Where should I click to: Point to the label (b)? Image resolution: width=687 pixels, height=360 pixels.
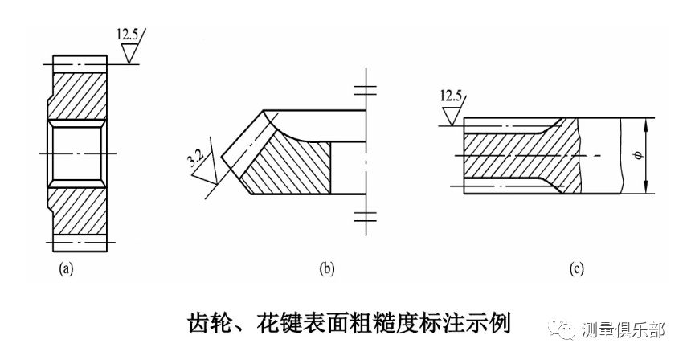coord(326,269)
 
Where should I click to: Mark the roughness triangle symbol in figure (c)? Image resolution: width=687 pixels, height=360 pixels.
coord(452,115)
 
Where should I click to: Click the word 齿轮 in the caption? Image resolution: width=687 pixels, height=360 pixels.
coord(209,322)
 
